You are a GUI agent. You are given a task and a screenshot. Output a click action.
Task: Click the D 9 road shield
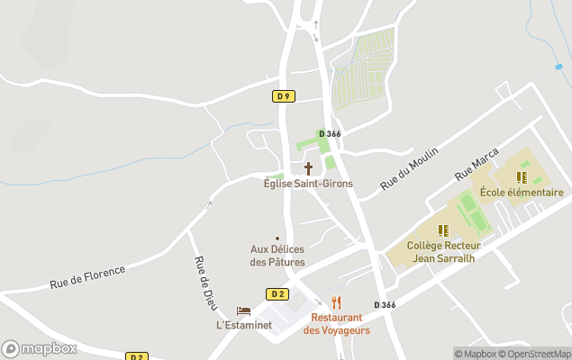point(284,96)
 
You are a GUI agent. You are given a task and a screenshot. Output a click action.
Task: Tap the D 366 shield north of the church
point(329,134)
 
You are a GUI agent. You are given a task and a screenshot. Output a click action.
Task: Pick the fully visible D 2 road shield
point(277,294)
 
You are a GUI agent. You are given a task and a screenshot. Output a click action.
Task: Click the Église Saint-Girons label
point(308,184)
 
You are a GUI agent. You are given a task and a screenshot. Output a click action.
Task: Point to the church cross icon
point(308,168)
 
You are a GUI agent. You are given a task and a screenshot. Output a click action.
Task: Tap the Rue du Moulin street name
point(409,167)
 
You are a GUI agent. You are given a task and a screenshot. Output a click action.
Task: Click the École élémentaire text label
point(522,193)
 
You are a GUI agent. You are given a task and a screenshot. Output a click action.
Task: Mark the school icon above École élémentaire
point(521,177)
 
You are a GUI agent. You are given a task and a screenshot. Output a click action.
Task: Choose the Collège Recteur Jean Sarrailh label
point(444,251)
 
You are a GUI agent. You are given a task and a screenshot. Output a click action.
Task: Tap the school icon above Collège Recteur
point(443,230)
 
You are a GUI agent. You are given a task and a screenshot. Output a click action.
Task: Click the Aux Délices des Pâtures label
point(277,256)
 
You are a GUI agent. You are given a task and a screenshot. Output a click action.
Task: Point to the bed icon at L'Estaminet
point(242,310)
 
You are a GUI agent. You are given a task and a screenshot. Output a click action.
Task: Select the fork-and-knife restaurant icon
point(336,302)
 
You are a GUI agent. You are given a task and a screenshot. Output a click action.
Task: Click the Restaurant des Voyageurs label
point(336,324)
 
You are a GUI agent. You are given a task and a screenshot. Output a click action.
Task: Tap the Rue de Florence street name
point(87,277)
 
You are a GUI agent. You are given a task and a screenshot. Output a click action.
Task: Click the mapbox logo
point(40,348)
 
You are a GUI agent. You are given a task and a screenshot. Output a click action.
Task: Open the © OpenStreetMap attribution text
point(537,354)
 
